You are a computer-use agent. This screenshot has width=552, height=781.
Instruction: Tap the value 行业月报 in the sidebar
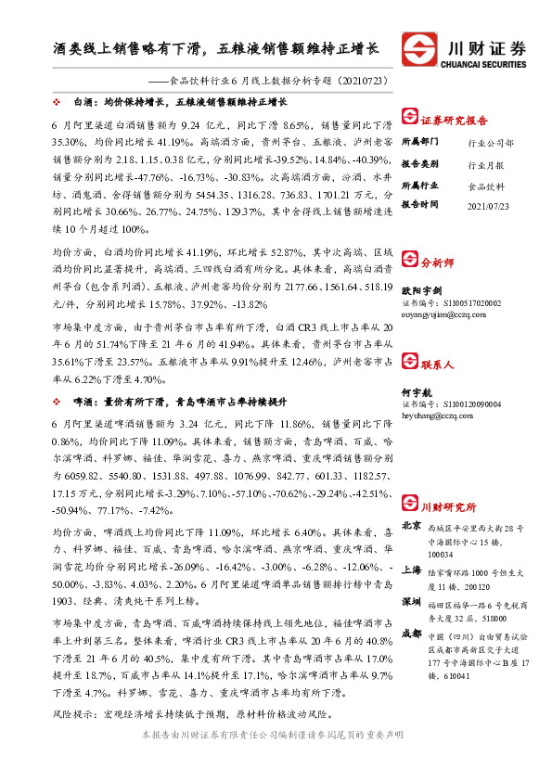click(487, 163)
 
